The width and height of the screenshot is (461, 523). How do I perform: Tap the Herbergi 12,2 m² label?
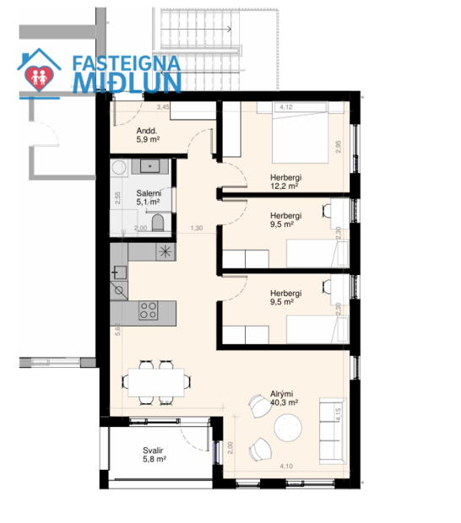pos(285,181)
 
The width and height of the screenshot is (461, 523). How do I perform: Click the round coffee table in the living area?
pos(288,429)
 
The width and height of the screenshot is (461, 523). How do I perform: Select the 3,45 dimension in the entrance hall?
pos(164,107)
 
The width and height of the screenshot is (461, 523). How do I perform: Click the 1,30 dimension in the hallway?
pos(196,228)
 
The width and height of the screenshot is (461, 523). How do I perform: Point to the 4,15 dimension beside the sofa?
pos(339,416)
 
